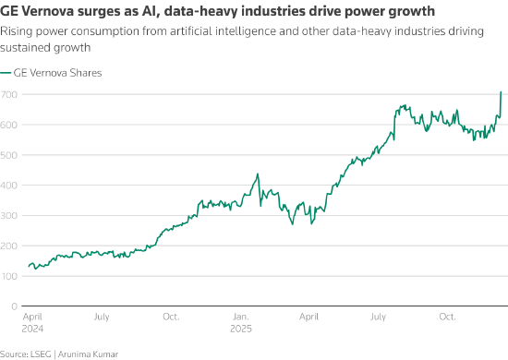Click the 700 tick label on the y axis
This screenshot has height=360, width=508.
pos(8,94)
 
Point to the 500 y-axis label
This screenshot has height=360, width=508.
pos(8,155)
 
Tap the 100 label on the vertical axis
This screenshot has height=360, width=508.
pos(8,276)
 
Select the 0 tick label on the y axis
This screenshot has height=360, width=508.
pos(14,306)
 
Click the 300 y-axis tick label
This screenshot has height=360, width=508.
pos(8,216)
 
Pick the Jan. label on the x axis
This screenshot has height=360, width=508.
pos(241,317)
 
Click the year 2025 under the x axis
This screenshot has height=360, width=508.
pos(241,329)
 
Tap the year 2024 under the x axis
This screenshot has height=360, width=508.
pos(32,329)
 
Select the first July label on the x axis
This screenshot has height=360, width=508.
pos(102,317)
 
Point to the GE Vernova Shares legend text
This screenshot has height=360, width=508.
pos(57,73)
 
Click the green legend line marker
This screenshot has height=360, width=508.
pos(6,73)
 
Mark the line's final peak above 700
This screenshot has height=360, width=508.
pos(501,92)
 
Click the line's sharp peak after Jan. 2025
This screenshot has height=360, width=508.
pos(258,174)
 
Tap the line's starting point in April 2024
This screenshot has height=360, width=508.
pos(29,267)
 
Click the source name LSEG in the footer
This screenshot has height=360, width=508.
pos(41,354)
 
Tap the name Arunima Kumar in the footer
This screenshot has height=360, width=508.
pos(88,354)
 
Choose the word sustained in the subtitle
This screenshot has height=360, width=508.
pos(25,48)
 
